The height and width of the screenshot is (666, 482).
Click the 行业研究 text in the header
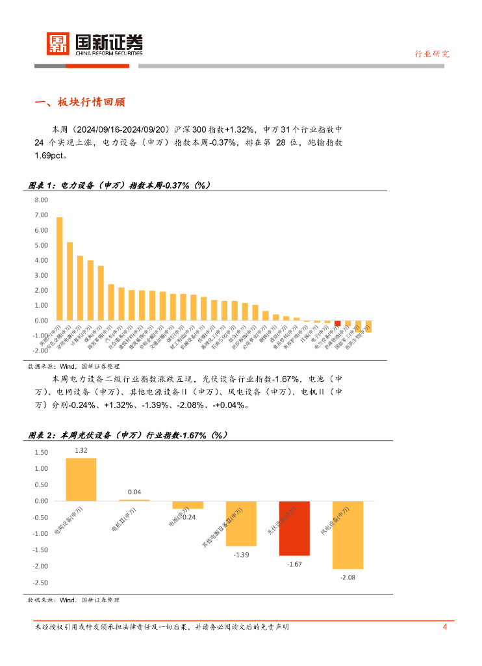tap(432, 54)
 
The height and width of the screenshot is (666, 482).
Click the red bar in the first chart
tap(337, 323)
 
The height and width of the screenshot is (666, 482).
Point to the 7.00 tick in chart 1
tap(40, 215)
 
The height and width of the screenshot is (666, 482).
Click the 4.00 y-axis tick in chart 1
tap(40, 260)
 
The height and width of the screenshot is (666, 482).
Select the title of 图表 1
tap(120, 186)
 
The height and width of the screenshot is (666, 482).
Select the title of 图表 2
tap(128, 435)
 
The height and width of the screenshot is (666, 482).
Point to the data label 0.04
tap(134, 492)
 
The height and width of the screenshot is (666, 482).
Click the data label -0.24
tap(188, 516)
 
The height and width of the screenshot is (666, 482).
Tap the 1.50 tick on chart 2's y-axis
tap(40, 453)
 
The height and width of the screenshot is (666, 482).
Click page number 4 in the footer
tap(444, 627)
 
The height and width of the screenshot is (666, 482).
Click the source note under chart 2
tap(73, 600)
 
